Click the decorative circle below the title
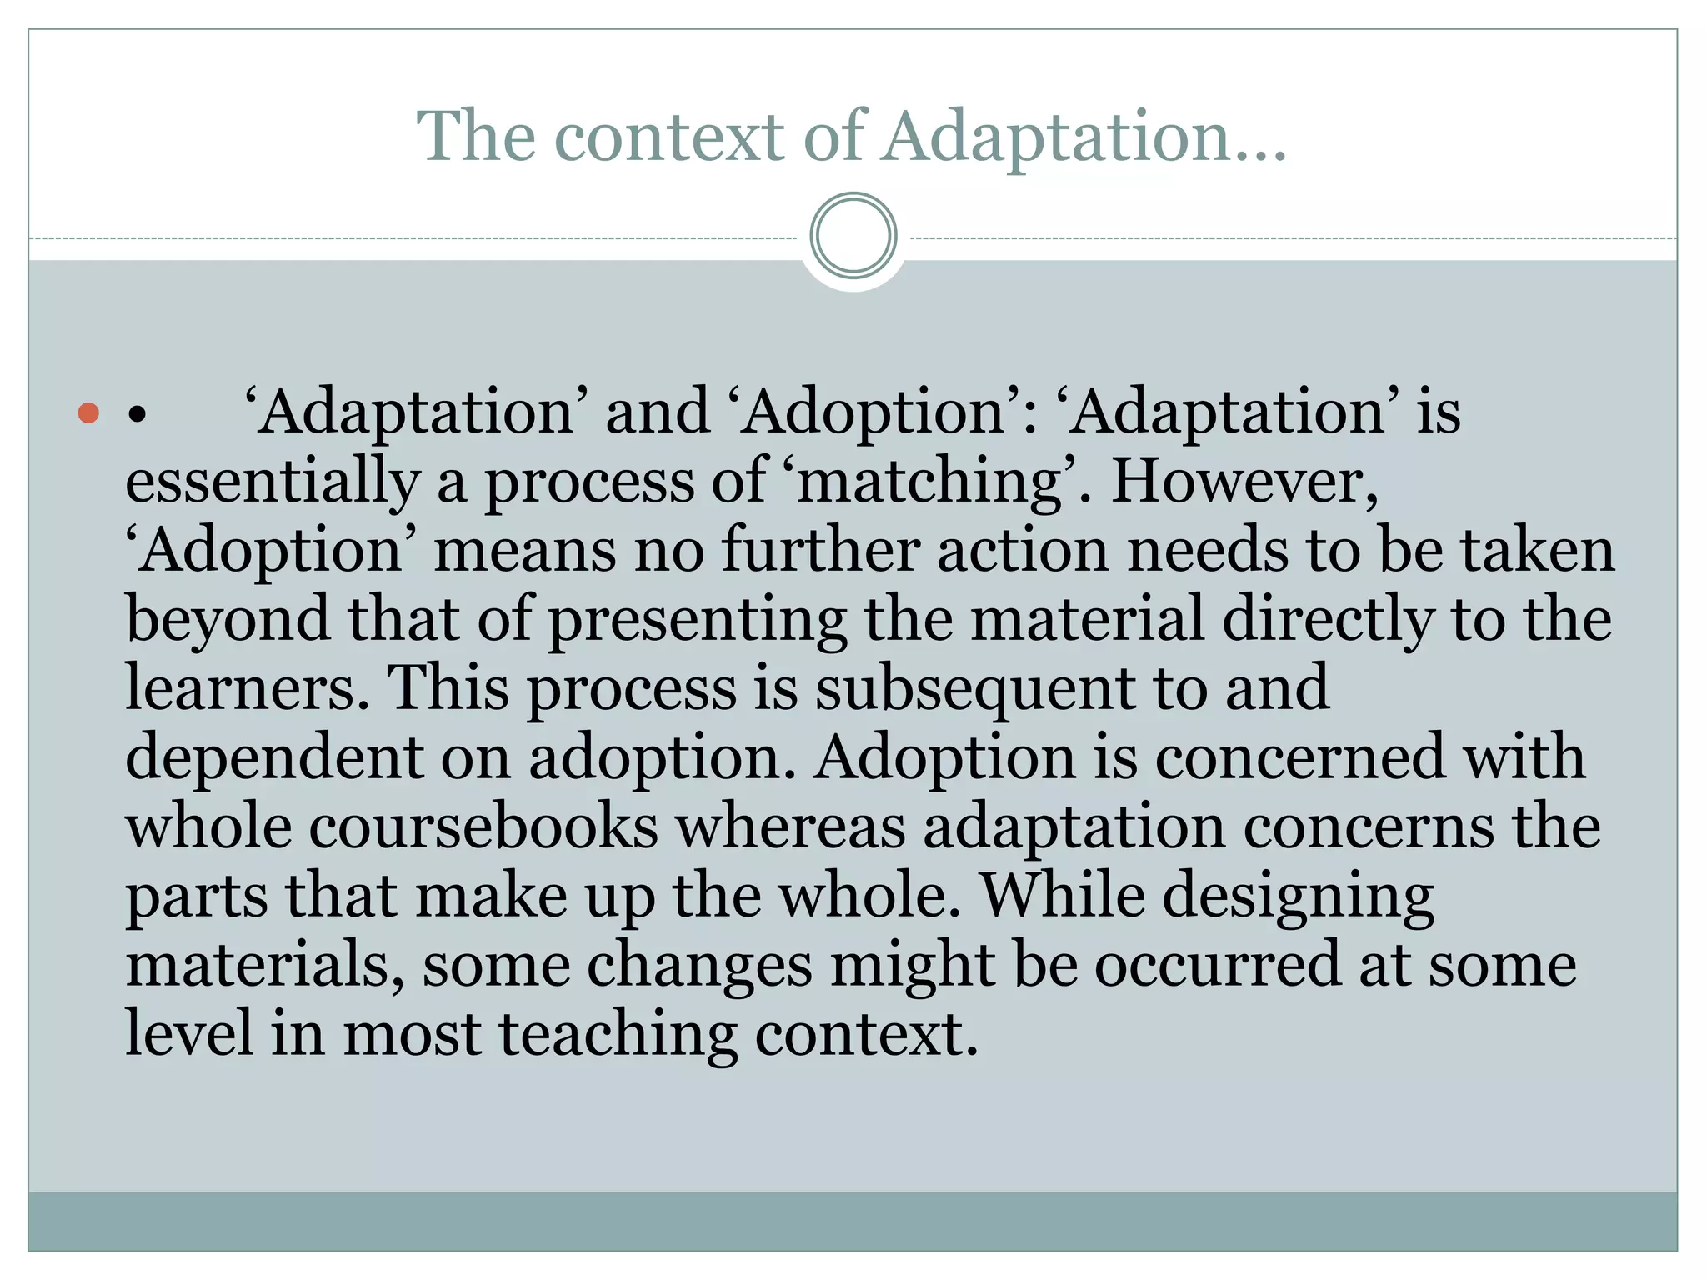(853, 236)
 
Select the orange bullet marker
(88, 412)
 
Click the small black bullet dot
(138, 414)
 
